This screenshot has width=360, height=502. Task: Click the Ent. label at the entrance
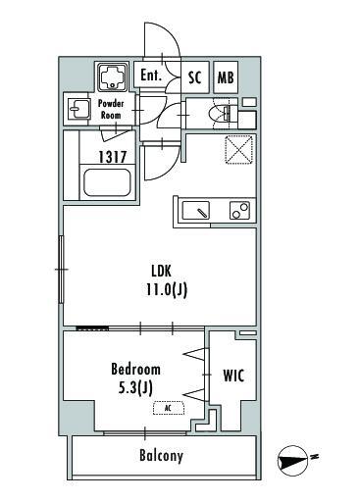[151, 75]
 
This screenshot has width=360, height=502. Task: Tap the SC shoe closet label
[195, 77]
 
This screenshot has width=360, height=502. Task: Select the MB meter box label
[226, 77]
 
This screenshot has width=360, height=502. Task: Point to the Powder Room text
[111, 109]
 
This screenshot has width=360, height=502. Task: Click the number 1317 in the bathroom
[113, 157]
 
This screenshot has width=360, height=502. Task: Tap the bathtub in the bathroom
[107, 182]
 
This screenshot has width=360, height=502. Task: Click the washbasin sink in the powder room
[78, 109]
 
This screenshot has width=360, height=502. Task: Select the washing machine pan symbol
[113, 77]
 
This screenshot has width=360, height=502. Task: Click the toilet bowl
[224, 113]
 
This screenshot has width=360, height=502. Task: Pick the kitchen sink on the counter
[196, 211]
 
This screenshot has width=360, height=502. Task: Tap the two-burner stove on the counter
[239, 211]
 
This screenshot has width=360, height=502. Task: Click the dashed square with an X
[239, 149]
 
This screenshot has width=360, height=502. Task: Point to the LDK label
[161, 271]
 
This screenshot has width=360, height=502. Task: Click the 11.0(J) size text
[167, 289]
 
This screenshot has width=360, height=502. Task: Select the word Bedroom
[135, 369]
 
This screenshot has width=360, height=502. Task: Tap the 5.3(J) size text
[135, 388]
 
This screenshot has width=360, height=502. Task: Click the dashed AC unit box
[169, 408]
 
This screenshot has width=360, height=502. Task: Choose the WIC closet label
[233, 376]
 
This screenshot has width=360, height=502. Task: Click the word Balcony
[161, 455]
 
